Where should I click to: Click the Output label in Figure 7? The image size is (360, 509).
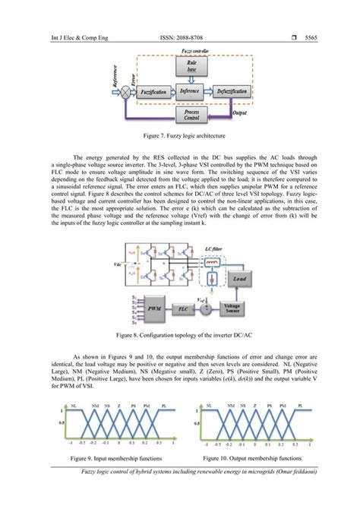[x=240, y=114]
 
